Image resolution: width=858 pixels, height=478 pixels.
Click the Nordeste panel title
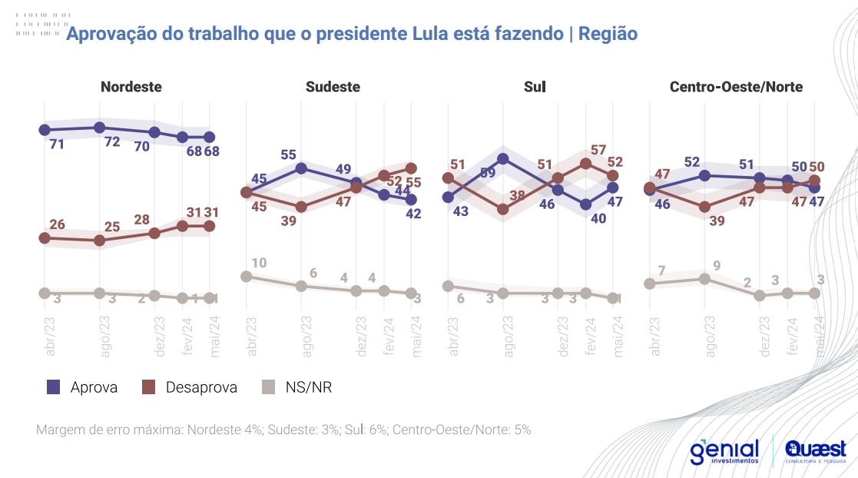pyautogui.click(x=131, y=87)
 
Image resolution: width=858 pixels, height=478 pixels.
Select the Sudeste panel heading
pyautogui.click(x=333, y=87)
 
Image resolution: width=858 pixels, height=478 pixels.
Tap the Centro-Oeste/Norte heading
pyautogui.click(x=736, y=87)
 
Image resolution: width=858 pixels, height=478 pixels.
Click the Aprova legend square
pyautogui.click(x=54, y=387)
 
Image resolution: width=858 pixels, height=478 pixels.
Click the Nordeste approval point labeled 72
pyautogui.click(x=99, y=127)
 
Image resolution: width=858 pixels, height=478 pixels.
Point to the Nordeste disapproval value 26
pyautogui.click(x=57, y=225)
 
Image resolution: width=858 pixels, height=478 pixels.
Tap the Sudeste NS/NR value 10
pyautogui.click(x=259, y=264)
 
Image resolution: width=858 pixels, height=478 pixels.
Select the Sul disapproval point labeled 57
pyautogui.click(x=585, y=163)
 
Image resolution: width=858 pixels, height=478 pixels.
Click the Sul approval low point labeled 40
pyautogui.click(x=585, y=204)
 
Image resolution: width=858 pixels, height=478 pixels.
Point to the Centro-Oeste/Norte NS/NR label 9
pyautogui.click(x=717, y=267)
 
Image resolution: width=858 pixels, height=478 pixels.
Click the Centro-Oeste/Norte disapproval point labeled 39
pyautogui.click(x=705, y=207)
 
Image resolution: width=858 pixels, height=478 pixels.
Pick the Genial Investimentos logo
pyautogui.click(x=724, y=451)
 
